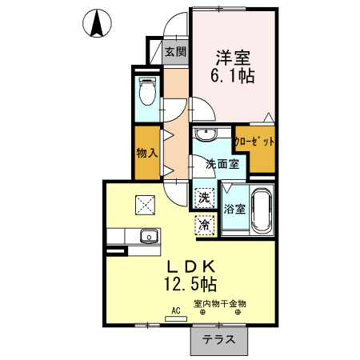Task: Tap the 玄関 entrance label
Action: click(175, 53)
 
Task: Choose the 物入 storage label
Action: click(146, 152)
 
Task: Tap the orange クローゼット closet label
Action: click(254, 143)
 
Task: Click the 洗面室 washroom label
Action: click(221, 165)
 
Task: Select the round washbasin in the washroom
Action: click(206, 134)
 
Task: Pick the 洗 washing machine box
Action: click(204, 197)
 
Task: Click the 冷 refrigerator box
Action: click(205, 226)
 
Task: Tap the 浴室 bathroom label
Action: click(234, 210)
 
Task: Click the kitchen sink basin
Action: click(148, 237)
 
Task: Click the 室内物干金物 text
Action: click(220, 303)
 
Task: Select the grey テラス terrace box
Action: click(218, 338)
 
